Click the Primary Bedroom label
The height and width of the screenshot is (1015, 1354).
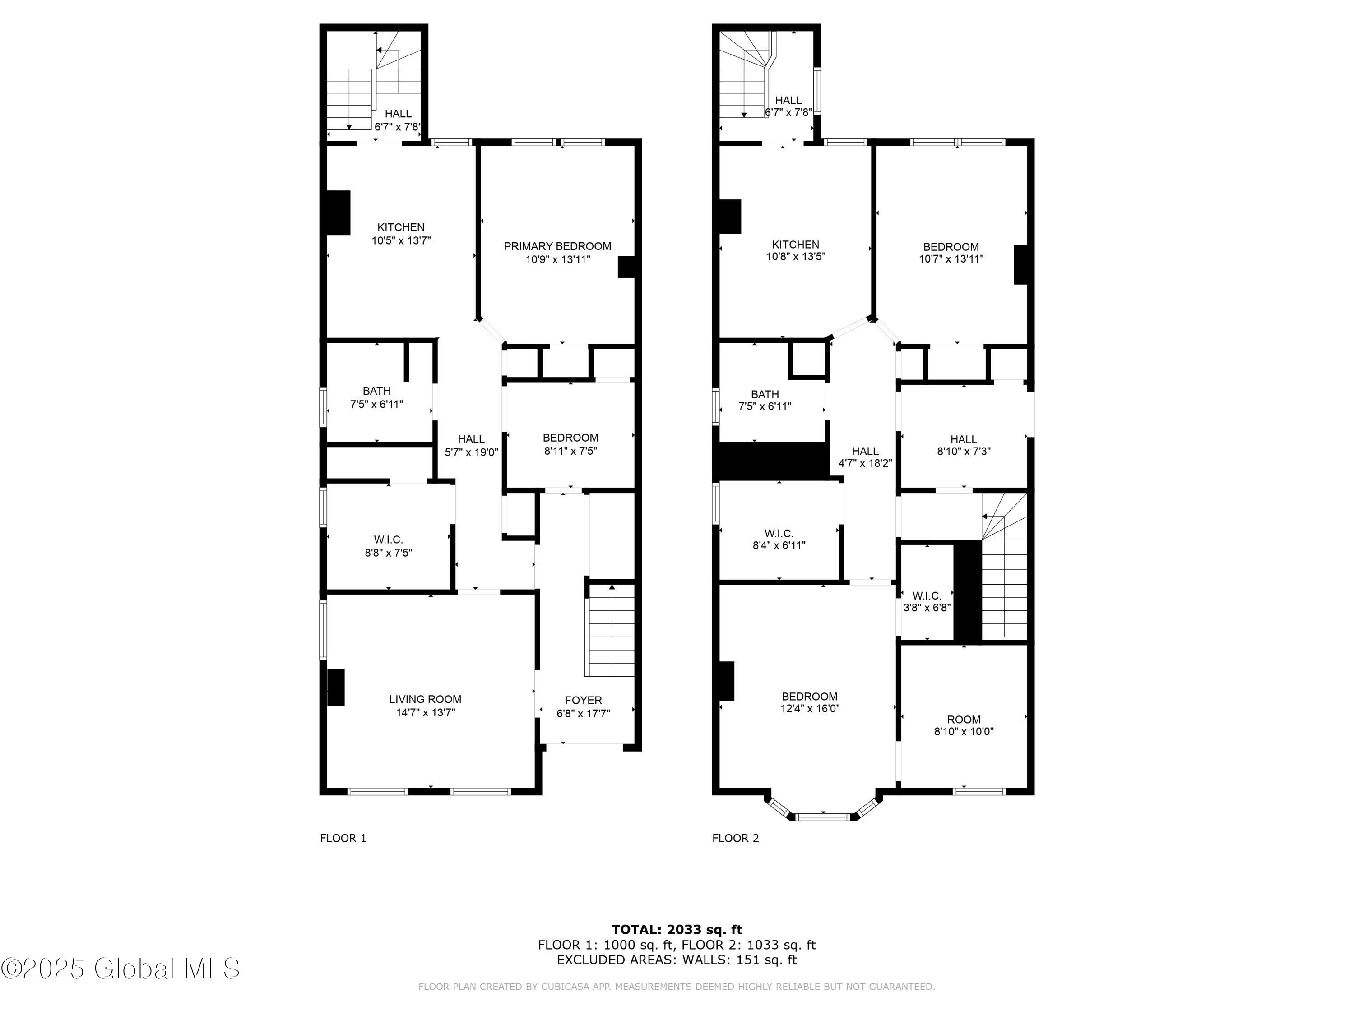[557, 246]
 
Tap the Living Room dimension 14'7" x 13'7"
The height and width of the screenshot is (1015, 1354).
[426, 712]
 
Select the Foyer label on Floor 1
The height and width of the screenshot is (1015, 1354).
[583, 700]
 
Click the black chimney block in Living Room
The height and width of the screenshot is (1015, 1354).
[335, 687]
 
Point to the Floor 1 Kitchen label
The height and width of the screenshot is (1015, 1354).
[401, 227]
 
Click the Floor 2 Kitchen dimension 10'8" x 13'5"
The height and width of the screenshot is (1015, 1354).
[796, 257]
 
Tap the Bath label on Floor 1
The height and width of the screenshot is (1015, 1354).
[376, 390]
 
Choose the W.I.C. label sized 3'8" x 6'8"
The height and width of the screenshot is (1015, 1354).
[927, 595]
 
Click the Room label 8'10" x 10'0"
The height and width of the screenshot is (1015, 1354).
[964, 720]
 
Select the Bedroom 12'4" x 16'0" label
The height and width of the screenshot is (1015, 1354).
[809, 696]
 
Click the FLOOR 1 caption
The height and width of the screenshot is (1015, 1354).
[343, 838]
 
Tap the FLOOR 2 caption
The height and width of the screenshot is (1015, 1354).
[735, 838]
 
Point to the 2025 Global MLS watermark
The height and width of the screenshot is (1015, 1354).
[121, 968]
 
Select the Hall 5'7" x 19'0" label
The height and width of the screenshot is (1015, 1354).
[471, 445]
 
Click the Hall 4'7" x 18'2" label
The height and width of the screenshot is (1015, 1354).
[865, 457]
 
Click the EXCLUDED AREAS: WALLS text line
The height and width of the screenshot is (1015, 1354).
[677, 960]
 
